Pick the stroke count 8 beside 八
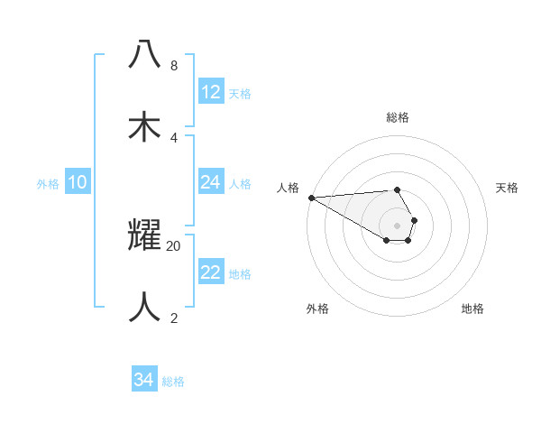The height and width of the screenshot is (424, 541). [173, 66]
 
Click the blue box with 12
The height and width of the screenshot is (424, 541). [211, 91]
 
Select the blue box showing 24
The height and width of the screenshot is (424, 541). [211, 182]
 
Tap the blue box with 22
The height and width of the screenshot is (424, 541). [211, 272]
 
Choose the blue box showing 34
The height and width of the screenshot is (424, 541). [144, 380]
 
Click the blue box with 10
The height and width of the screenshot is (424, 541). [78, 182]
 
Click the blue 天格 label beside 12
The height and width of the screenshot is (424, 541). [240, 93]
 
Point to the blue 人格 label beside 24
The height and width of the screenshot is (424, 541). [240, 183]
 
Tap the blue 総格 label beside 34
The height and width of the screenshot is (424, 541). [173, 382]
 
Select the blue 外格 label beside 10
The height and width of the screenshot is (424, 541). [48, 183]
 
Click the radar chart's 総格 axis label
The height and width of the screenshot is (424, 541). [397, 117]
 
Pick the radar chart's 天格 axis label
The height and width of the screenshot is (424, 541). [507, 188]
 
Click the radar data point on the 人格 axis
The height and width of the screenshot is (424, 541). [311, 198]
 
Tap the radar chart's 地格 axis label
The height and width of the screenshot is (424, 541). [472, 309]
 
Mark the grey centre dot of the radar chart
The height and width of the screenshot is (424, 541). [397, 225]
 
